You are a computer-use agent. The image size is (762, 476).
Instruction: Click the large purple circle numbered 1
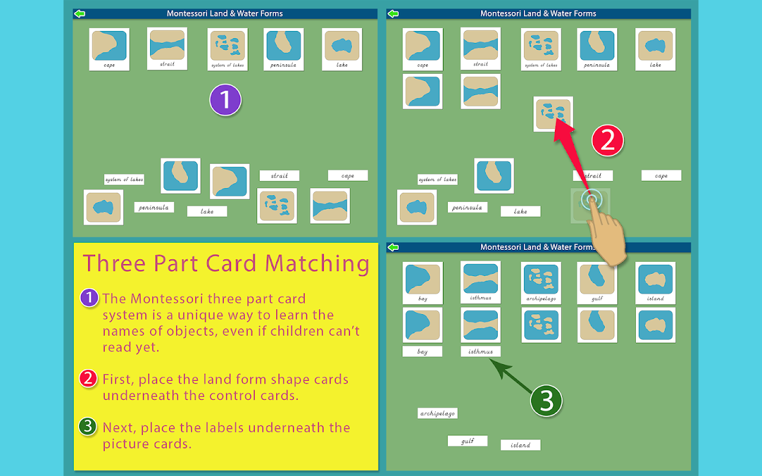pyautogui.click(x=225, y=100)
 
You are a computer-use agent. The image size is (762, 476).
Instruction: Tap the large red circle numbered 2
pyautogui.click(x=607, y=141)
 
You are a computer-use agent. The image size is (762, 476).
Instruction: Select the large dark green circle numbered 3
pyautogui.click(x=546, y=402)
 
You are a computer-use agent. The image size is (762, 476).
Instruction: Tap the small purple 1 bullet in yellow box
pyautogui.click(x=89, y=297)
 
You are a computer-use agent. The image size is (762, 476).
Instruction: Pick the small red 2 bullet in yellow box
pyautogui.click(x=89, y=378)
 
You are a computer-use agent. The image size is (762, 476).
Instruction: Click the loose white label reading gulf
pyautogui.click(x=467, y=441)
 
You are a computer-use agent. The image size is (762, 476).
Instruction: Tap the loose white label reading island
pyautogui.click(x=520, y=444)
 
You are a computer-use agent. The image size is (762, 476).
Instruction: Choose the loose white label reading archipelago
pyautogui.click(x=438, y=413)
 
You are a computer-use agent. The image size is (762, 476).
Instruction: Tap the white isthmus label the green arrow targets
pyautogui.click(x=480, y=352)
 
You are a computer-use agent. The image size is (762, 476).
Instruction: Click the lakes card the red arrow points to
pyautogui.click(x=553, y=114)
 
